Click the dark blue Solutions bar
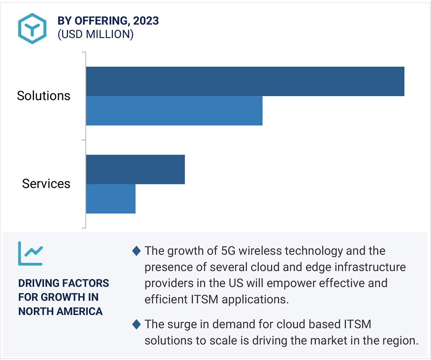click(x=245, y=81)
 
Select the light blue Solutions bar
click(x=174, y=111)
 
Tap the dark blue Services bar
click(x=135, y=169)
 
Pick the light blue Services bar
click(x=111, y=199)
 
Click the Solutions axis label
click(x=43, y=96)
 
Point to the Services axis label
click(x=46, y=183)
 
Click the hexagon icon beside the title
click(x=32, y=28)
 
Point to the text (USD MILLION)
click(x=95, y=34)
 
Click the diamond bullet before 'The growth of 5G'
click(x=136, y=251)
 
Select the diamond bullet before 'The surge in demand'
click(x=136, y=325)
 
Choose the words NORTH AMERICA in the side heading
click(x=60, y=311)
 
